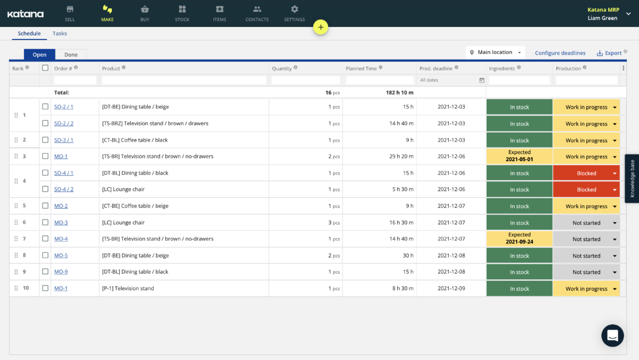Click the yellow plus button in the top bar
[x=320, y=28]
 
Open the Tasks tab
[x=59, y=33]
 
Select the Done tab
[x=71, y=55]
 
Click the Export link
[x=610, y=53]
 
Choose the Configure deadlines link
[x=560, y=53]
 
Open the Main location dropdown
[x=495, y=52]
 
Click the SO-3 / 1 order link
[x=63, y=140]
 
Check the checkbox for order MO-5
[x=45, y=255]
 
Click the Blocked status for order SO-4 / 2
[x=586, y=190]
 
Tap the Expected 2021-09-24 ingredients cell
[x=519, y=239]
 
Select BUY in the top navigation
[x=145, y=13]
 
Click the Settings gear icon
[x=294, y=9]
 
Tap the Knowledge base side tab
[x=632, y=179]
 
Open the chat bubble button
[x=612, y=336]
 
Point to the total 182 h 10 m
[x=399, y=92]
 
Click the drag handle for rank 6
[x=16, y=222]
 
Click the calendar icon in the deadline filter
[x=482, y=80]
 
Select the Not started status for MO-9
[x=586, y=272]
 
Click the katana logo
[x=26, y=14]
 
